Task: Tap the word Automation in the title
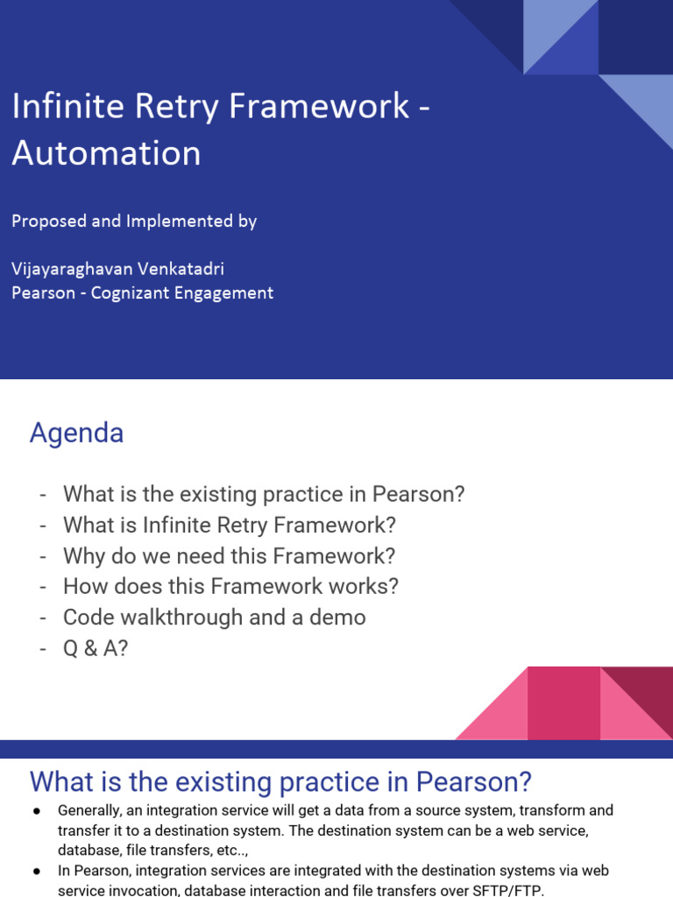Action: (106, 152)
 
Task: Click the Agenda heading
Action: (76, 433)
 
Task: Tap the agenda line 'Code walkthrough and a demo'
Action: (214, 617)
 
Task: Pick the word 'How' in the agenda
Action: (84, 586)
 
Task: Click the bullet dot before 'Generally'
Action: (37, 811)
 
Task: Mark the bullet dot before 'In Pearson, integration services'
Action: (37, 872)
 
